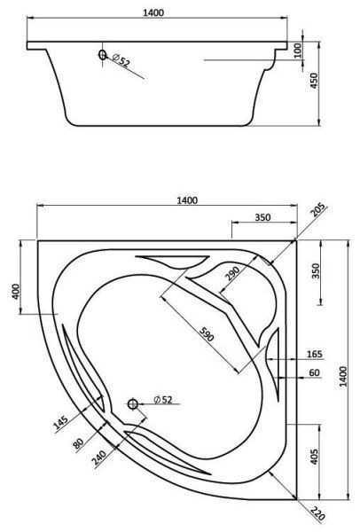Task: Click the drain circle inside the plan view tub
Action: click(133, 404)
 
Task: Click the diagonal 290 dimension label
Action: click(231, 272)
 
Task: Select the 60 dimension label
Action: click(315, 372)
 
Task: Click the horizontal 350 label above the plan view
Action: click(262, 216)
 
